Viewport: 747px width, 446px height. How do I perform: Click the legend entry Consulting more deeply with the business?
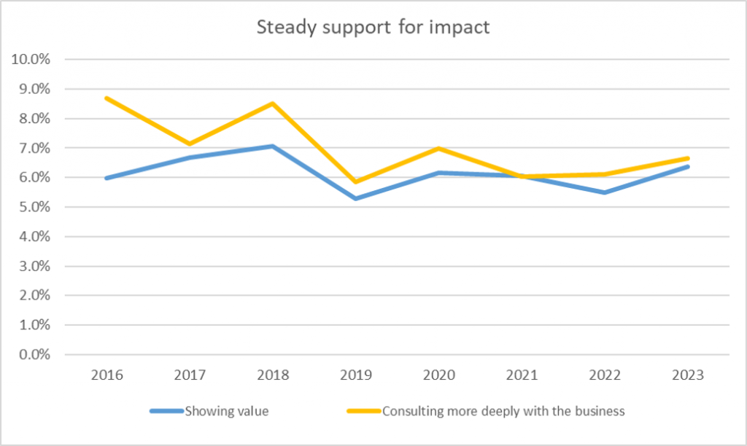click(503, 411)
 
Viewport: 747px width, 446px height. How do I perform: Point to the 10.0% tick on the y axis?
click(31, 60)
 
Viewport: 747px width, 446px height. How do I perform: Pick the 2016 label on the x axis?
click(107, 375)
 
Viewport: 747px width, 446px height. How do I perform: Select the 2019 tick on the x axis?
click(355, 375)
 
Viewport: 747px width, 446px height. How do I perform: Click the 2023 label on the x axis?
click(687, 375)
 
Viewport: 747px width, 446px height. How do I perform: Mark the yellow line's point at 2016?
click(107, 98)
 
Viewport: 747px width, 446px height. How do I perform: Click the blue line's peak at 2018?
click(272, 146)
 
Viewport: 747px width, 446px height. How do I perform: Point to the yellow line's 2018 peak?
click(272, 103)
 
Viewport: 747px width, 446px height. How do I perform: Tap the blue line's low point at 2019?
click(355, 198)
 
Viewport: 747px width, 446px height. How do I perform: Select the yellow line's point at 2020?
click(438, 148)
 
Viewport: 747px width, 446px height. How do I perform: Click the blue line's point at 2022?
click(604, 192)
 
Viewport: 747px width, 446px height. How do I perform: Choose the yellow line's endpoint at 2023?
click(687, 158)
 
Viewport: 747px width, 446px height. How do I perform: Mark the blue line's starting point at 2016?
click(107, 178)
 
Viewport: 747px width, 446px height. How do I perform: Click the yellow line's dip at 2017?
click(190, 144)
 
